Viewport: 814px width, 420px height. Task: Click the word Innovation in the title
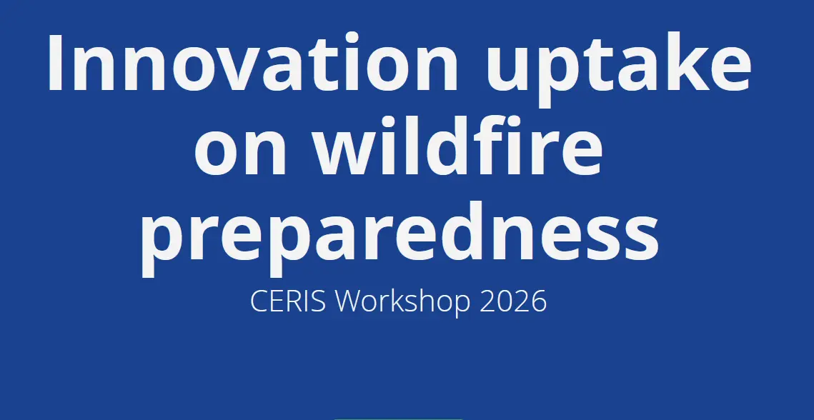pos(252,62)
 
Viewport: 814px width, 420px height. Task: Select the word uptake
pos(618,69)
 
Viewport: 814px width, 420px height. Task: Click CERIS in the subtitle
pos(288,301)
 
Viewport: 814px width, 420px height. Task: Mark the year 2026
pos(513,301)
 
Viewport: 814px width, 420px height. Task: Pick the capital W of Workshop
pos(350,301)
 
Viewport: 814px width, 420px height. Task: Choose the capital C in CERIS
pos(259,301)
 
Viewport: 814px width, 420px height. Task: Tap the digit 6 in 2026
pos(538,301)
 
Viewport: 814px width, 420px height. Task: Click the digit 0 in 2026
pos(505,301)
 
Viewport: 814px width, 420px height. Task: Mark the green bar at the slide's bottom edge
pos(398,419)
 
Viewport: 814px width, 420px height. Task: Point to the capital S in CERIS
pos(319,301)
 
